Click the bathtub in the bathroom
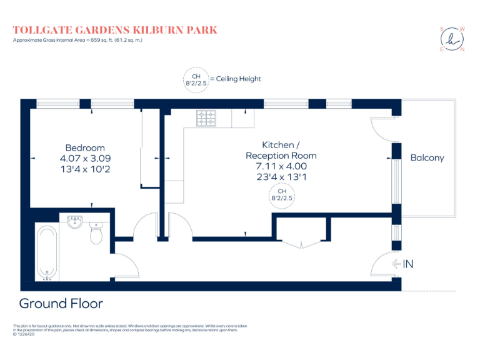47,252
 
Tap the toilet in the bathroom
97,234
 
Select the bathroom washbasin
75,221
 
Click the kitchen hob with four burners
206,117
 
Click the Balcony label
427,157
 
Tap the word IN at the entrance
408,264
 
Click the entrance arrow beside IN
396,264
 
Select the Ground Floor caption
61,304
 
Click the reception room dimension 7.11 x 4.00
281,166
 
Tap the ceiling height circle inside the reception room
281,194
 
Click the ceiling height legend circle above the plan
195,79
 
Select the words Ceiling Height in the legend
238,79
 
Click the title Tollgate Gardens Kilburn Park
116,30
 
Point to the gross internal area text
78,41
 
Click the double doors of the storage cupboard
302,243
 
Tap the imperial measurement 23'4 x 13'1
281,177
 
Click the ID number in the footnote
25,334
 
